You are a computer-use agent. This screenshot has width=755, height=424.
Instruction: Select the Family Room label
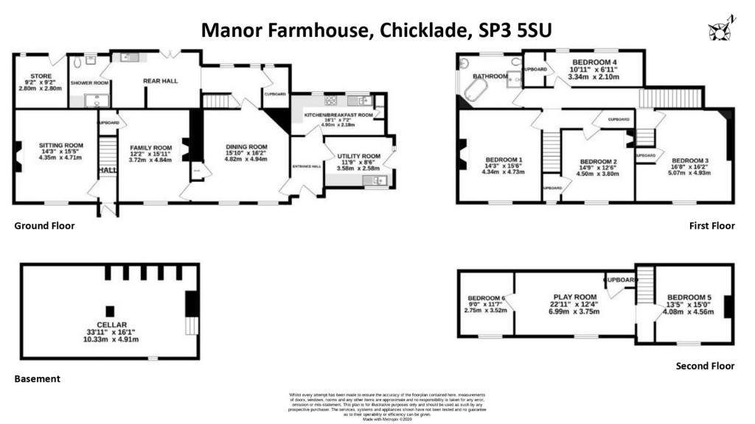pos(146,147)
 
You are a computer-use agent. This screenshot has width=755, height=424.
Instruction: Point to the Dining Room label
pos(246,146)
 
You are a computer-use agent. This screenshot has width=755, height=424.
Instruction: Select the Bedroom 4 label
pos(593,61)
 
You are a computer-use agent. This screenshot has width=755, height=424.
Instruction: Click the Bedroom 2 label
pos(597,162)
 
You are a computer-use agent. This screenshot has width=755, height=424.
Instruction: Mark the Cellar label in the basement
pos(110,325)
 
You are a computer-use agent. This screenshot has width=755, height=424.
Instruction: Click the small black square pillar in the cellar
pos(110,311)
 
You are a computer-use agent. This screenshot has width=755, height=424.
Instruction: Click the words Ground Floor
pos(44,226)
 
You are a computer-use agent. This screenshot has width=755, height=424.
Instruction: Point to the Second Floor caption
pos(705,366)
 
